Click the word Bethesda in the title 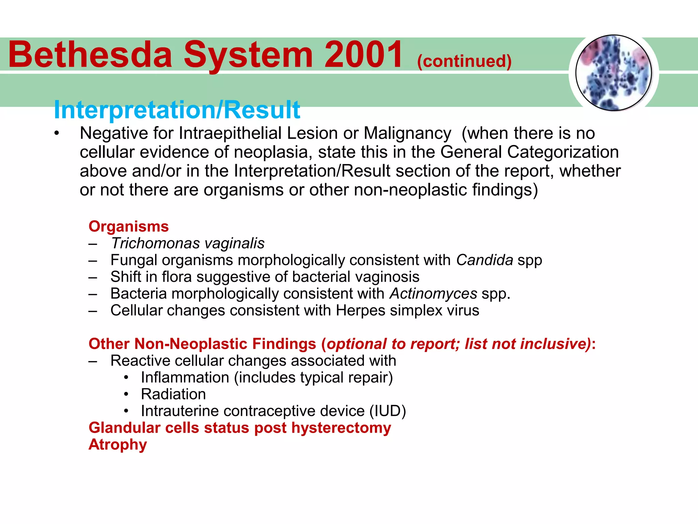(x=90, y=55)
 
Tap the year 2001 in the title (x=363, y=55)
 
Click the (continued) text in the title (x=464, y=61)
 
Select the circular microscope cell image (x=613, y=73)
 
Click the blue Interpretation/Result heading (x=177, y=110)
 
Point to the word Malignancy (x=407, y=133)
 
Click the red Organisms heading (x=128, y=227)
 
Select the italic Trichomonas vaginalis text (x=187, y=243)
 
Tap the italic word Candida (x=484, y=260)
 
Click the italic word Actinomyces (x=433, y=294)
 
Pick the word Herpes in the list (x=360, y=310)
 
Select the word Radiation (x=173, y=394)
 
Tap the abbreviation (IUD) (x=388, y=411)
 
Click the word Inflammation (x=185, y=378)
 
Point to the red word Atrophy (x=118, y=445)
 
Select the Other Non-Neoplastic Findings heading (x=202, y=344)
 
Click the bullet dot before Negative (x=57, y=134)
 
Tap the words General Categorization (x=529, y=152)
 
